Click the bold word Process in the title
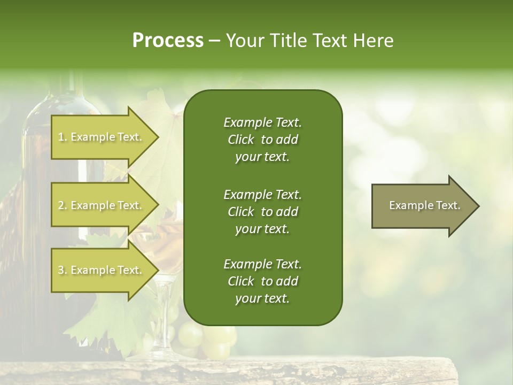coord(168,41)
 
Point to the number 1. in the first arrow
coord(63,137)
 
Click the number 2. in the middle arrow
coord(63,206)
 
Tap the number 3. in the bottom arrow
coord(63,271)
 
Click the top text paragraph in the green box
coord(262,140)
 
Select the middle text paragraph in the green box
coord(262,211)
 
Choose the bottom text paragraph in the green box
coord(262,281)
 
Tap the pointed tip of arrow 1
coord(157,137)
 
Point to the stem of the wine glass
coord(163,315)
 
